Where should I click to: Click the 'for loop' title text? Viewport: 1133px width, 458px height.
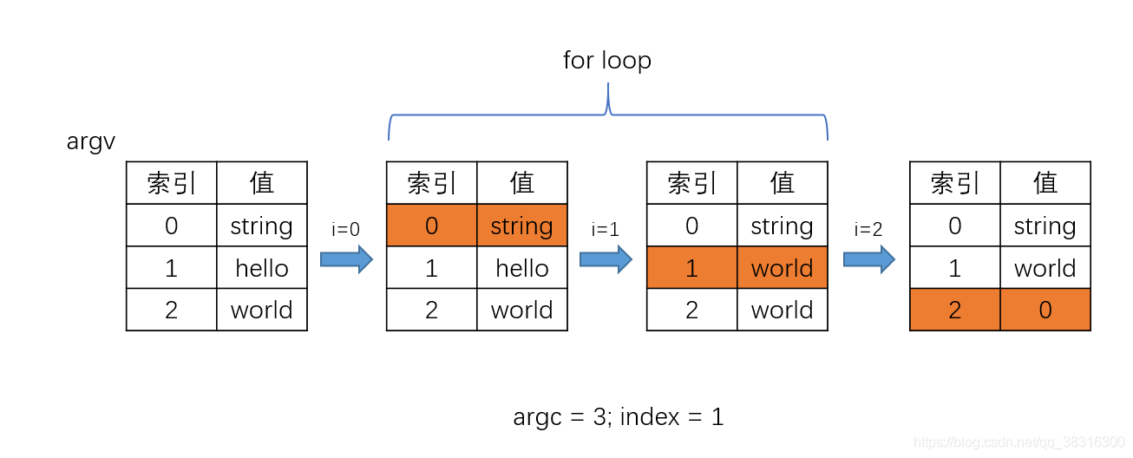click(x=607, y=61)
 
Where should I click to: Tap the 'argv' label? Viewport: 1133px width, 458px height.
click(x=91, y=141)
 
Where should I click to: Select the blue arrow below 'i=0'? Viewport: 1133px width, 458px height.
click(x=347, y=259)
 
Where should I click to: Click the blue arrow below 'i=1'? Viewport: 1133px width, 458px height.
click(x=606, y=259)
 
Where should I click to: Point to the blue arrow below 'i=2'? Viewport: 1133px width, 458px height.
click(x=869, y=259)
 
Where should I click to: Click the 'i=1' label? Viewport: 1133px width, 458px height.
click(x=606, y=230)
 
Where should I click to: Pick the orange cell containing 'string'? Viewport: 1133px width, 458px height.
click(x=522, y=226)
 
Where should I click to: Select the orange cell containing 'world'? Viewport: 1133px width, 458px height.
click(x=783, y=267)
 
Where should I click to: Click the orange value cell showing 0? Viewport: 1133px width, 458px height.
click(x=1045, y=310)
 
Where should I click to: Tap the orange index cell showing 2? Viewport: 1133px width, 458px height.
click(x=955, y=310)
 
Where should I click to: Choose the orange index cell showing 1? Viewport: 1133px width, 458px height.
click(x=692, y=267)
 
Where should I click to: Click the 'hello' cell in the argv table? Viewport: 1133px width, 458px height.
click(x=262, y=267)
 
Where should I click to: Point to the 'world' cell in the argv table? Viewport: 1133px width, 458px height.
click(x=262, y=310)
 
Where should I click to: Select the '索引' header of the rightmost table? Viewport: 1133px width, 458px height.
click(x=955, y=183)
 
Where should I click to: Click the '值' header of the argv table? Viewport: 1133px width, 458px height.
click(x=262, y=183)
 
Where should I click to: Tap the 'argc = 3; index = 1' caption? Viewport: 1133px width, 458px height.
click(x=618, y=417)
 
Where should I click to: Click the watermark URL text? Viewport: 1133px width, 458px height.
click(x=1018, y=442)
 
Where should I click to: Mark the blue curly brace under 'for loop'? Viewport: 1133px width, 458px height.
click(x=608, y=114)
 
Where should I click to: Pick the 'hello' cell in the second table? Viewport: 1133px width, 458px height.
click(x=522, y=267)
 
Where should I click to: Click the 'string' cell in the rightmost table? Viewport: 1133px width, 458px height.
click(x=1045, y=226)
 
